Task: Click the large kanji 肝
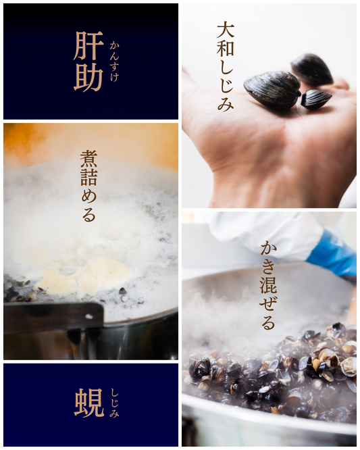[88, 46]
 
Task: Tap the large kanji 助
[88, 76]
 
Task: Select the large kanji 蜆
[89, 403]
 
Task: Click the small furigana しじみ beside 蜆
[114, 403]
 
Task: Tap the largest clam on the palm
[272, 91]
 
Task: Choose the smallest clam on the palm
[316, 99]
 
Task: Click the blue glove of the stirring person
[332, 254]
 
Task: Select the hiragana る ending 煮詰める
[88, 216]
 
